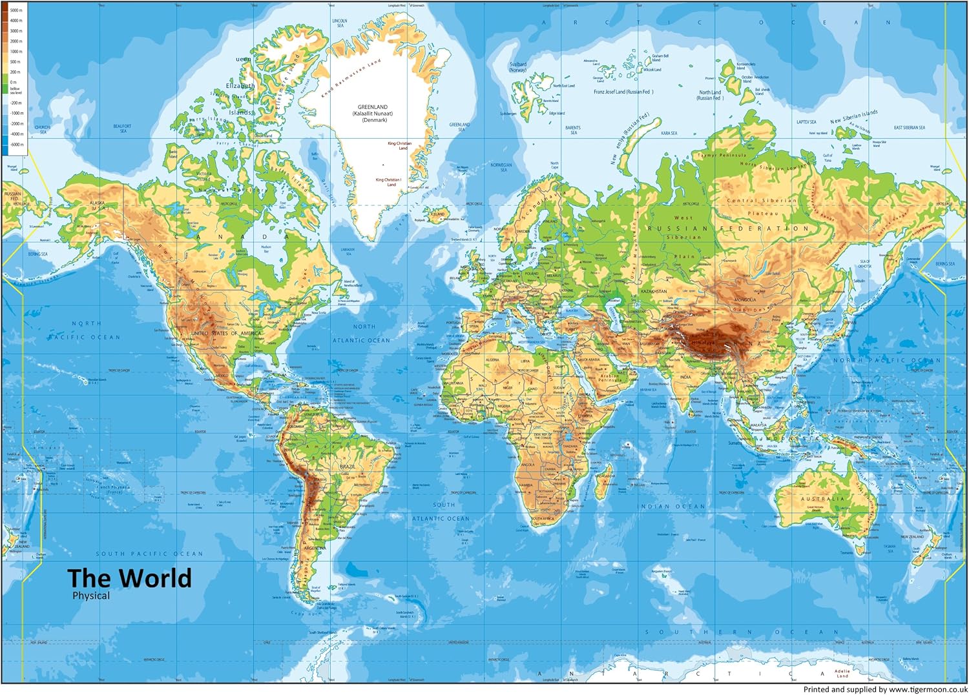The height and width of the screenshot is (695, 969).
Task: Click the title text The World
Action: click(x=129, y=578)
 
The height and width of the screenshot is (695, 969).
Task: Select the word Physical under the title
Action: click(x=91, y=596)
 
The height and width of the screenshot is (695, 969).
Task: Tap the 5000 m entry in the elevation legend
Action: click(x=16, y=10)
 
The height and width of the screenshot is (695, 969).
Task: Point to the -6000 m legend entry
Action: click(x=16, y=145)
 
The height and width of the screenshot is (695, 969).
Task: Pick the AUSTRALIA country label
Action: click(x=822, y=499)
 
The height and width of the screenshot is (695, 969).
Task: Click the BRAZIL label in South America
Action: click(x=348, y=466)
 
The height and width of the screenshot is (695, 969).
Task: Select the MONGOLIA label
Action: click(x=744, y=300)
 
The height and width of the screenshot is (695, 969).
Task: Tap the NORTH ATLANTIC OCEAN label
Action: click(x=362, y=334)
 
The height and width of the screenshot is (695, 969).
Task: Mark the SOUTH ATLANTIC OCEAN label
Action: click(x=442, y=512)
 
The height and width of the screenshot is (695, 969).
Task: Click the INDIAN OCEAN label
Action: click(x=672, y=507)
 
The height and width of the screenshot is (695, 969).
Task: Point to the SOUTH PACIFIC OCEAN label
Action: click(x=149, y=554)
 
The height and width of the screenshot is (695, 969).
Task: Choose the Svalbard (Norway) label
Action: click(x=518, y=67)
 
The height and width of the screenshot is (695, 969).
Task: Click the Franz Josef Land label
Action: click(x=623, y=92)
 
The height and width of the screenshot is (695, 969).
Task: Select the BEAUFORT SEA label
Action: click(x=122, y=128)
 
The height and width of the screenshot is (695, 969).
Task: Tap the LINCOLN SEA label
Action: click(x=339, y=23)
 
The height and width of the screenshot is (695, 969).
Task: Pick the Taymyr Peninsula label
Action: click(x=722, y=155)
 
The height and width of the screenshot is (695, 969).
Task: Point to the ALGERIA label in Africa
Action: click(x=492, y=359)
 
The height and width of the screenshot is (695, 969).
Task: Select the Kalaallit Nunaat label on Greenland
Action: click(x=373, y=114)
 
